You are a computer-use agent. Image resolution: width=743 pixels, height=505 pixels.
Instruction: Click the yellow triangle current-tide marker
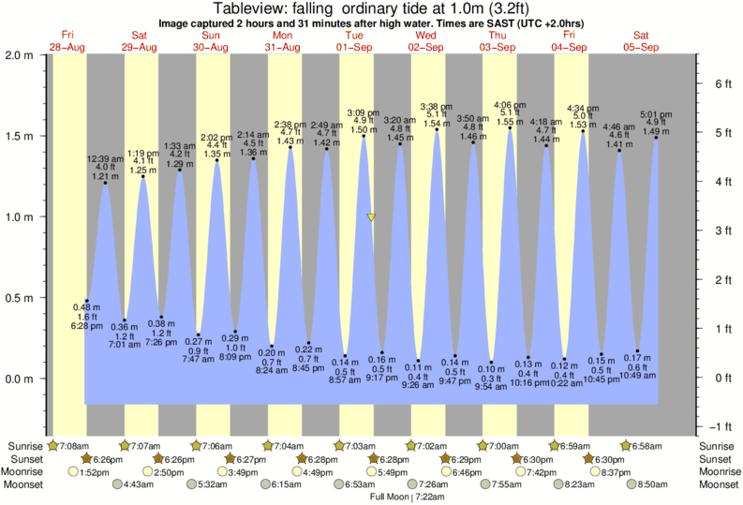(x=372, y=217)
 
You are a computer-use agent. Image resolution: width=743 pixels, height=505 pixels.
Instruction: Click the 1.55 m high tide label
(x=510, y=123)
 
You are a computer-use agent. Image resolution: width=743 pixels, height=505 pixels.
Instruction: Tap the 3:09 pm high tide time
(x=364, y=112)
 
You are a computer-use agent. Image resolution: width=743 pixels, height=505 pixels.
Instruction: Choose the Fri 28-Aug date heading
(x=67, y=40)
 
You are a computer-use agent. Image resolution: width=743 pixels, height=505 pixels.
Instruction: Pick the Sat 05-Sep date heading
(x=643, y=40)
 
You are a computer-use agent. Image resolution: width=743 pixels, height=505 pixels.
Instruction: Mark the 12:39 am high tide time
(x=105, y=159)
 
